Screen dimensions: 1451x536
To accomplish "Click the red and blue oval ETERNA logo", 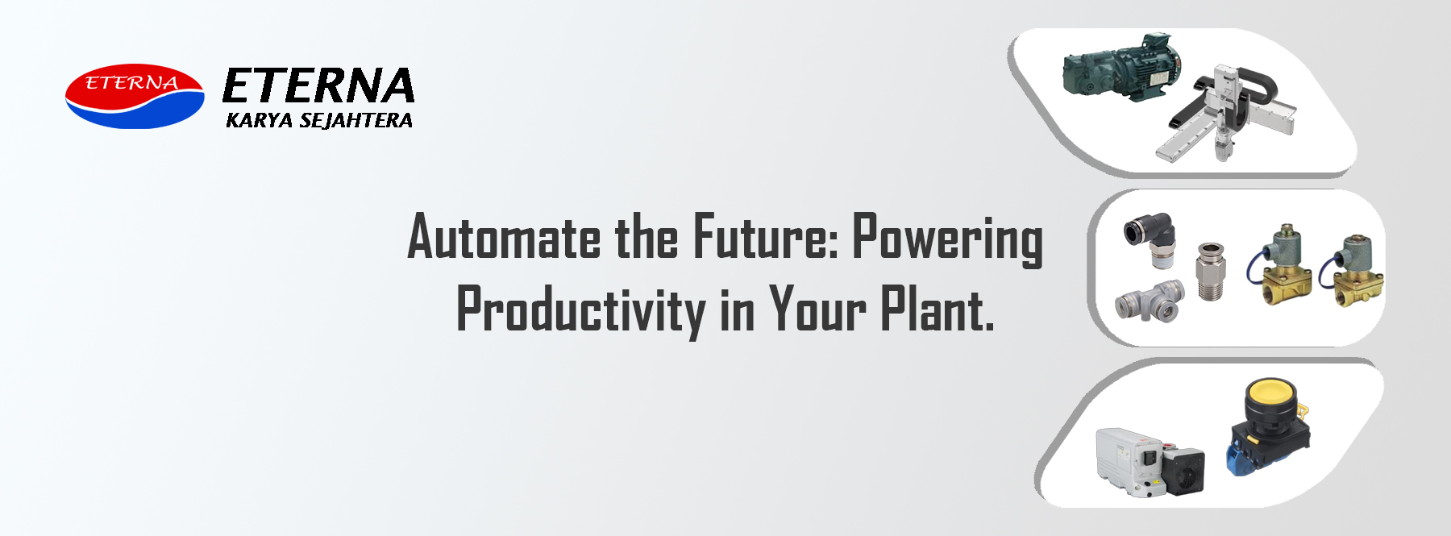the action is click(135, 97).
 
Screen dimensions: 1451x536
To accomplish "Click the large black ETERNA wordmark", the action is click(318, 86).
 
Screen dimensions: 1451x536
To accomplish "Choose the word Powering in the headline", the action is click(948, 239).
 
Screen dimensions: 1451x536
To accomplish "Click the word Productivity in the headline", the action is click(581, 310).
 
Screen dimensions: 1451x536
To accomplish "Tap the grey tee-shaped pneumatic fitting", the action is click(1149, 301).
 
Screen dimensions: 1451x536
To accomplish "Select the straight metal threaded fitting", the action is click(1210, 271).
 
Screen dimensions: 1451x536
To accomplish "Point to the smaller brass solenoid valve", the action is click(1357, 270).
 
